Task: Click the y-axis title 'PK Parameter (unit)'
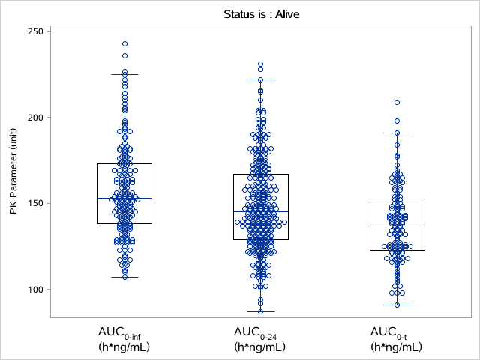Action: pos(13,170)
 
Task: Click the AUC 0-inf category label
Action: pos(124,338)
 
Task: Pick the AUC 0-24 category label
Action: pos(260,338)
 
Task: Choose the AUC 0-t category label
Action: pos(397,338)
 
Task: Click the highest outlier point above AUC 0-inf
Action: pos(124,44)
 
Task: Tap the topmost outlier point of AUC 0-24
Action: pos(260,64)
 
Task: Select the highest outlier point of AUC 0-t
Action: pos(397,102)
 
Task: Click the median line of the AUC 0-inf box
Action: pos(124,198)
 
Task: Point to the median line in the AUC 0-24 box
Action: pos(260,211)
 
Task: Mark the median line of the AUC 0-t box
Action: pos(397,226)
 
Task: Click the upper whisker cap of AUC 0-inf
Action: pos(124,74)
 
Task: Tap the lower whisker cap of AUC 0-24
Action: pos(260,311)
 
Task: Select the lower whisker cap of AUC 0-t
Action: pos(397,304)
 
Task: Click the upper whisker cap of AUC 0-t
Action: pos(397,133)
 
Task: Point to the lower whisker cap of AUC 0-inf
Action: pos(124,277)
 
